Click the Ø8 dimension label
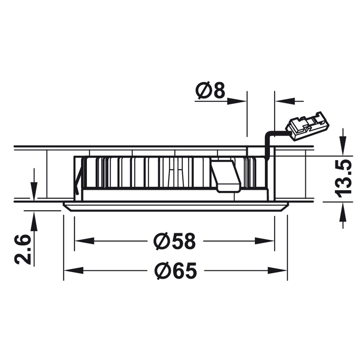point(210,90)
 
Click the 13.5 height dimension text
point(343,177)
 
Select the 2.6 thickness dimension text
point(22,249)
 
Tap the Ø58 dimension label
point(175,241)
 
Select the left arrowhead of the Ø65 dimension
point(73,270)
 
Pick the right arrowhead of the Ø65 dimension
point(277,270)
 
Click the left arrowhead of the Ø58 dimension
point(85,241)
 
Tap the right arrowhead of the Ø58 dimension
point(265,241)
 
